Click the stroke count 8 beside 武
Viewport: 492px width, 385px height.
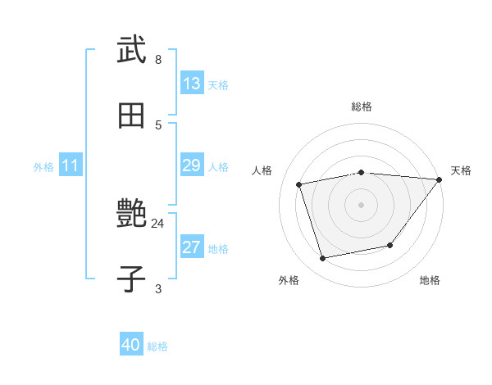click(x=158, y=60)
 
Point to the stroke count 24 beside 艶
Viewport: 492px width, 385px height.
click(x=157, y=223)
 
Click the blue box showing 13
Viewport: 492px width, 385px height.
click(x=192, y=84)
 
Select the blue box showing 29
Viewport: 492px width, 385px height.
click(x=192, y=166)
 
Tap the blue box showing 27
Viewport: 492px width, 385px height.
click(x=192, y=248)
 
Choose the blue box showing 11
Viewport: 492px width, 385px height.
click(x=71, y=166)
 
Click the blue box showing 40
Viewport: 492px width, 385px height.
click(x=131, y=346)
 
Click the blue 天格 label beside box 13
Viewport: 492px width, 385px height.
click(x=218, y=85)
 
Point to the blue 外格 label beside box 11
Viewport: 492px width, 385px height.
click(x=43, y=167)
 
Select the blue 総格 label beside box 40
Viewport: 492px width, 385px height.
click(x=157, y=346)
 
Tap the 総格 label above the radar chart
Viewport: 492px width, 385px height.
click(x=361, y=106)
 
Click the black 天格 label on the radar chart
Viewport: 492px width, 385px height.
click(x=461, y=170)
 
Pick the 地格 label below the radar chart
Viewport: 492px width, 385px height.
click(x=430, y=280)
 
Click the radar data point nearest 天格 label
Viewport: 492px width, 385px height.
click(x=440, y=179)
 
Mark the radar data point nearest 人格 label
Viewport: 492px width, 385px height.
click(x=299, y=184)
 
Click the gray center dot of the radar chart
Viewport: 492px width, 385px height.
click(x=361, y=205)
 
